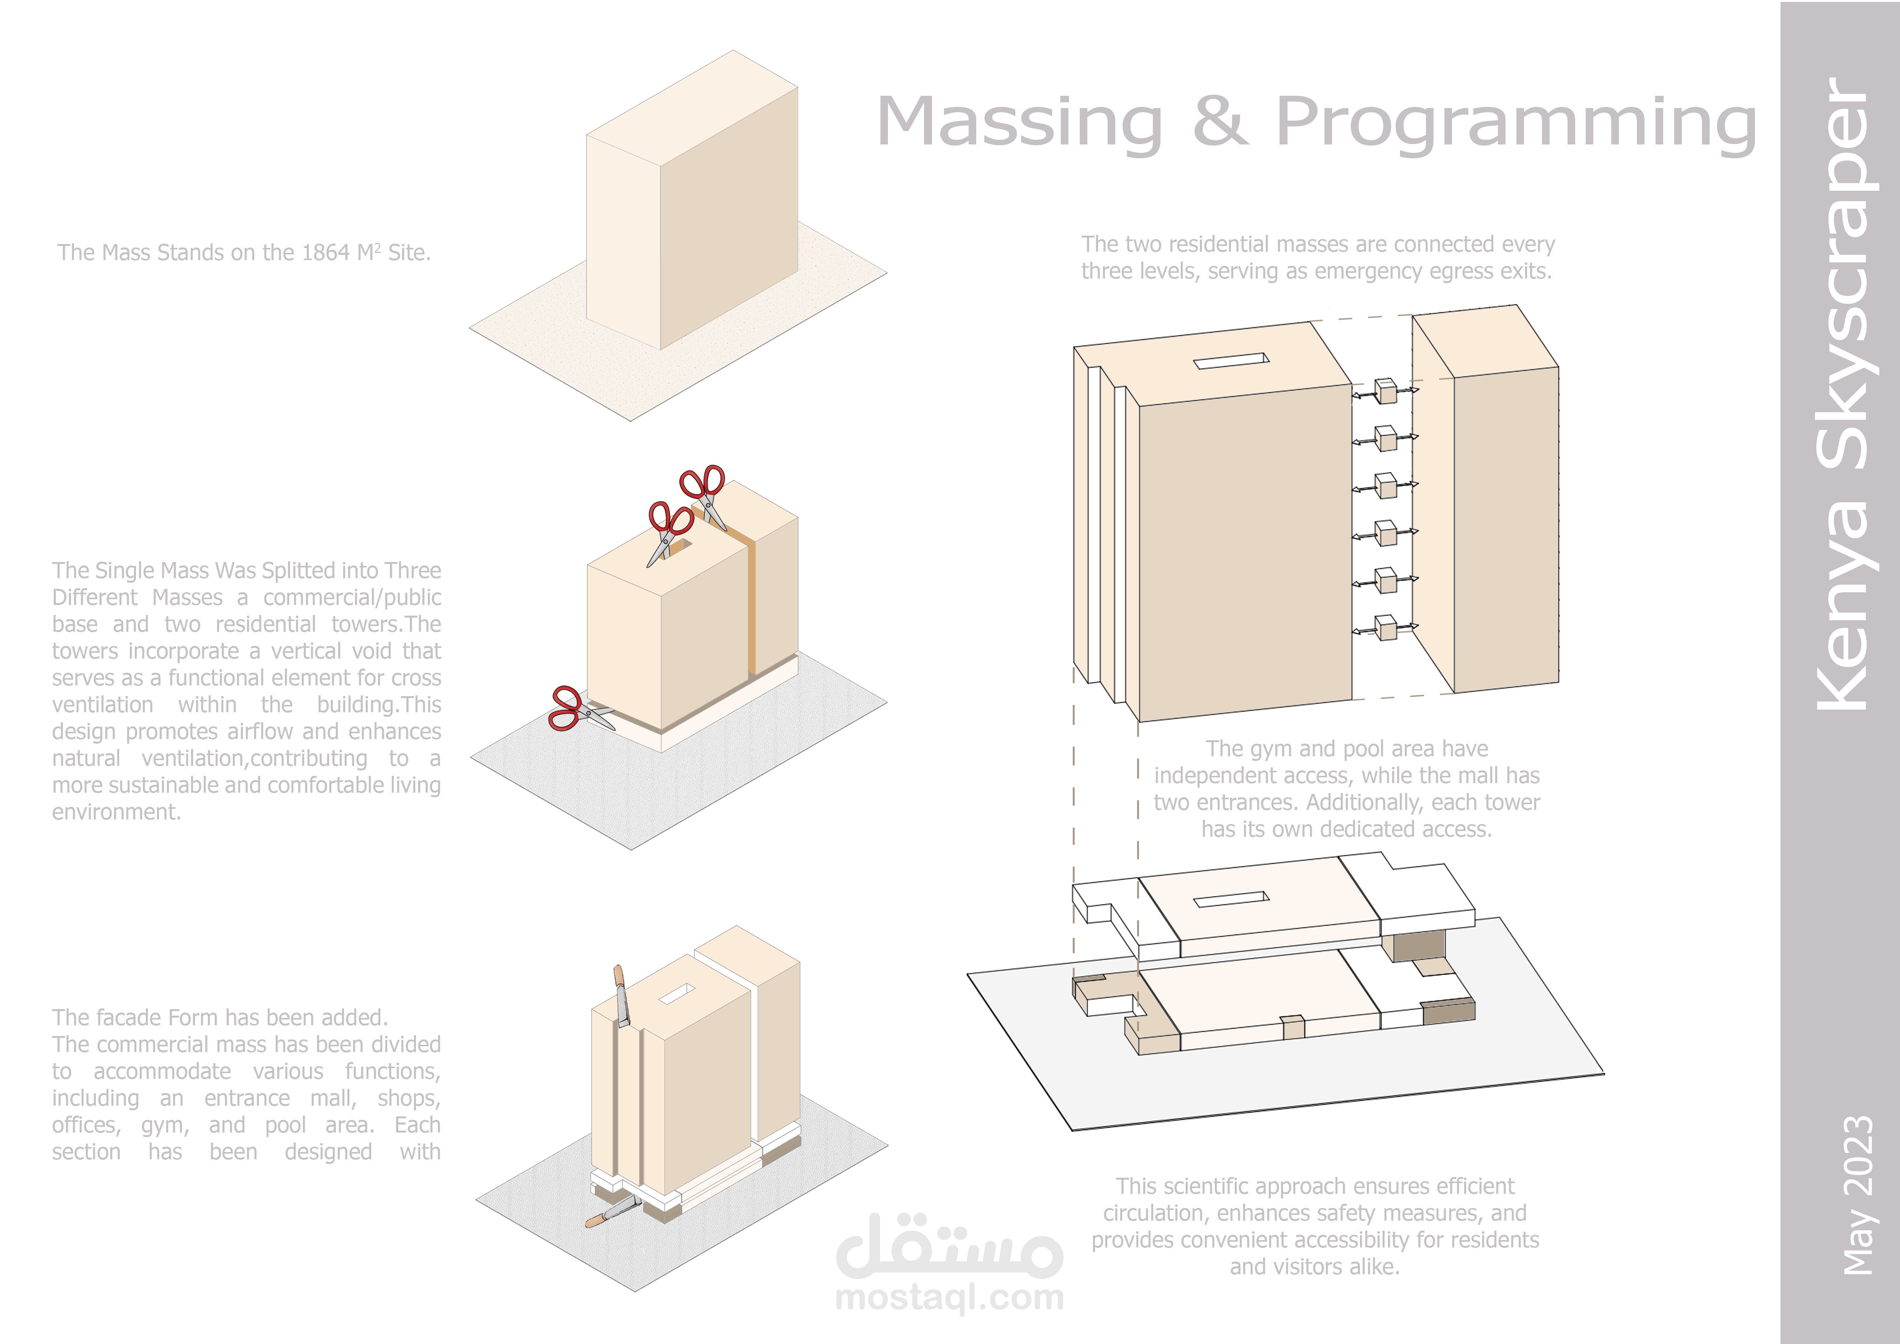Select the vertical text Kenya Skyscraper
tap(1842, 393)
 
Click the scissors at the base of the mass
tap(579, 709)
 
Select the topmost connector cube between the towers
tap(1385, 391)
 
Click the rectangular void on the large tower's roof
tap(1231, 361)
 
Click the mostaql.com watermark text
tap(949, 1298)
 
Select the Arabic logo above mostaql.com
tap(949, 1246)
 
